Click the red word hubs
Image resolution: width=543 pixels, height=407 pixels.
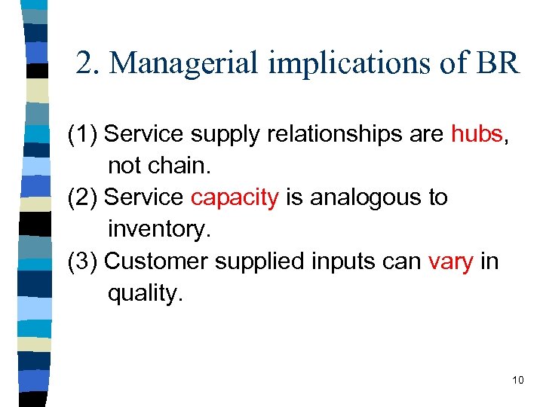click(477, 134)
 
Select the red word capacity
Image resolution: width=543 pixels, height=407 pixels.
click(235, 198)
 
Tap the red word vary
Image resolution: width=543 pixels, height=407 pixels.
click(450, 262)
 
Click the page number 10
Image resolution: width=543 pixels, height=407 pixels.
click(517, 380)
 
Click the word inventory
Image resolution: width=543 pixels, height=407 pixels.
click(157, 230)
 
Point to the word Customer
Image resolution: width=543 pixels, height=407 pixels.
click(156, 262)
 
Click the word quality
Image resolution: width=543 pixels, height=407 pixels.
click(145, 293)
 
